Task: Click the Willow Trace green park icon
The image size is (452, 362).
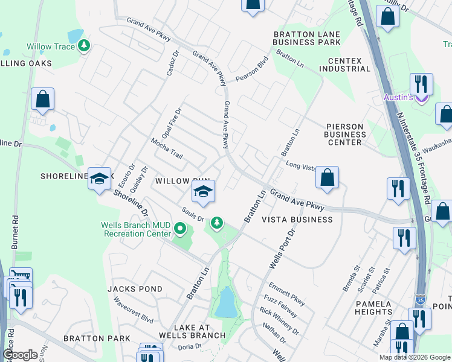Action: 85,46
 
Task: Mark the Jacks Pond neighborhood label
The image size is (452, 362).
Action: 135,289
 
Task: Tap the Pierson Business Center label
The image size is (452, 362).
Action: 345,134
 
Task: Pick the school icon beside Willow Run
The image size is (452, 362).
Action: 204,193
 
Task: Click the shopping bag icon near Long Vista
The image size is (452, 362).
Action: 326,177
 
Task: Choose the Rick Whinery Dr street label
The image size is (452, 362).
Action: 279,322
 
